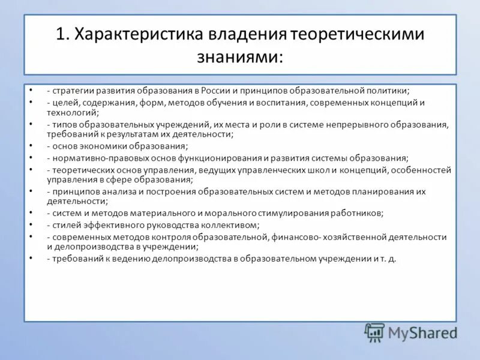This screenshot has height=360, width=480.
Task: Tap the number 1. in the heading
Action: tap(64, 35)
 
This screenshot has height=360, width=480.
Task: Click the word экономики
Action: tap(106, 146)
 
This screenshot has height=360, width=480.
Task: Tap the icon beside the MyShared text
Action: tap(375, 332)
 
